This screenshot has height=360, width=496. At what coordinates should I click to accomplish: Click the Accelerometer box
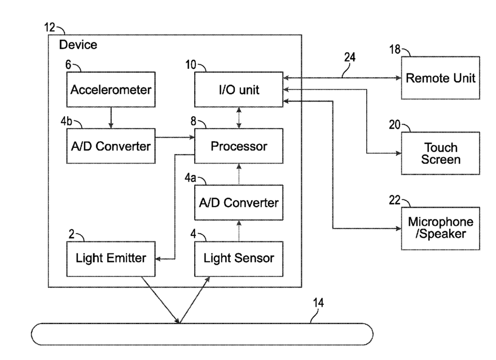pos(111,90)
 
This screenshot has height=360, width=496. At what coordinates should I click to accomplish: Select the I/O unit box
pos(239,90)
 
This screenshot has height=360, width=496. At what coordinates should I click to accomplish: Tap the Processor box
pos(239,146)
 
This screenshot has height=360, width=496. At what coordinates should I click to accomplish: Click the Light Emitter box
pos(111,259)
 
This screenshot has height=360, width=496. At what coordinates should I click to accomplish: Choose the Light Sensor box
pos(239,259)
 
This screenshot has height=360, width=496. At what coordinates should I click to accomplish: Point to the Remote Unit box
pos(440,78)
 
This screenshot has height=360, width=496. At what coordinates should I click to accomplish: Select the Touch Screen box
pos(440,153)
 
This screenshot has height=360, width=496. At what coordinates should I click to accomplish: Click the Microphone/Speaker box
pos(440,229)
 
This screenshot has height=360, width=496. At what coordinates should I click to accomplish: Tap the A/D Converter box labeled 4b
pos(111,146)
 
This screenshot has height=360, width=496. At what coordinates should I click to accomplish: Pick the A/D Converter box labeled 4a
pos(239,203)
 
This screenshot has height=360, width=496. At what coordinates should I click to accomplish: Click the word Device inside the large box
pos(78,45)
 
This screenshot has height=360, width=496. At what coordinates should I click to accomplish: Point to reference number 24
pos(350,57)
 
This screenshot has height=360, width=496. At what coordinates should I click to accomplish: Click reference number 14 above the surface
pos(319,303)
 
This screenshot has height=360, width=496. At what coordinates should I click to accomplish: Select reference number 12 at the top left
pos(50,28)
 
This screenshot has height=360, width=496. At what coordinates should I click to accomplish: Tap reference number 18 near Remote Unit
pos(395,49)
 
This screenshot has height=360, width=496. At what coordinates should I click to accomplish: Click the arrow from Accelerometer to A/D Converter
pos(111,118)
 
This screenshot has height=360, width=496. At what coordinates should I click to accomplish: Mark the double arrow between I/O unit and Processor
pos(239,118)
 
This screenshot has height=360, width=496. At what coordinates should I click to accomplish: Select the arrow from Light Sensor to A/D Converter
pos(239,231)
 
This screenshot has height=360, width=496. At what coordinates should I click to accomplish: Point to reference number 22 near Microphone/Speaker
pos(395,200)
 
